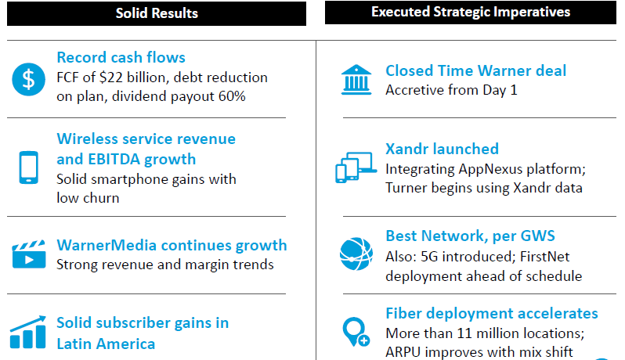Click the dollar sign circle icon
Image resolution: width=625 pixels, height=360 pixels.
coord(28,79)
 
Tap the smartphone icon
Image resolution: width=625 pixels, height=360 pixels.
coord(29,167)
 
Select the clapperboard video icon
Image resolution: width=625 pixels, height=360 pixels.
coord(29,254)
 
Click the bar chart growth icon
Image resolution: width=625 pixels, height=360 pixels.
coord(28,332)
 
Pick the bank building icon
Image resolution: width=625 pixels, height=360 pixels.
coord(356,80)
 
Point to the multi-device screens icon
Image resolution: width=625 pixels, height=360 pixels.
coord(356,167)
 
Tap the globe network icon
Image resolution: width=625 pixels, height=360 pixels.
coord(356,254)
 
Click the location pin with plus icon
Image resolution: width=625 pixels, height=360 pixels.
coord(356,332)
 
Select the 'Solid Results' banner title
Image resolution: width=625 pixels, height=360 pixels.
coord(157,13)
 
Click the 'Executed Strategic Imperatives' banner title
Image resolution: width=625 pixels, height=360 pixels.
coord(471,12)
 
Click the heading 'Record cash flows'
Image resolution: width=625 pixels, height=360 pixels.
coord(121,57)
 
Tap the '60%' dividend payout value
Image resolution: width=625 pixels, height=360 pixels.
coord(232,96)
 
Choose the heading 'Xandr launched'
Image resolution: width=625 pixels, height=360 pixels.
coord(442,149)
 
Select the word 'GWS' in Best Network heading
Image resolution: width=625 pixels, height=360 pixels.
coord(538,236)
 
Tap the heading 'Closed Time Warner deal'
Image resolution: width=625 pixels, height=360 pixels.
coord(475,70)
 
